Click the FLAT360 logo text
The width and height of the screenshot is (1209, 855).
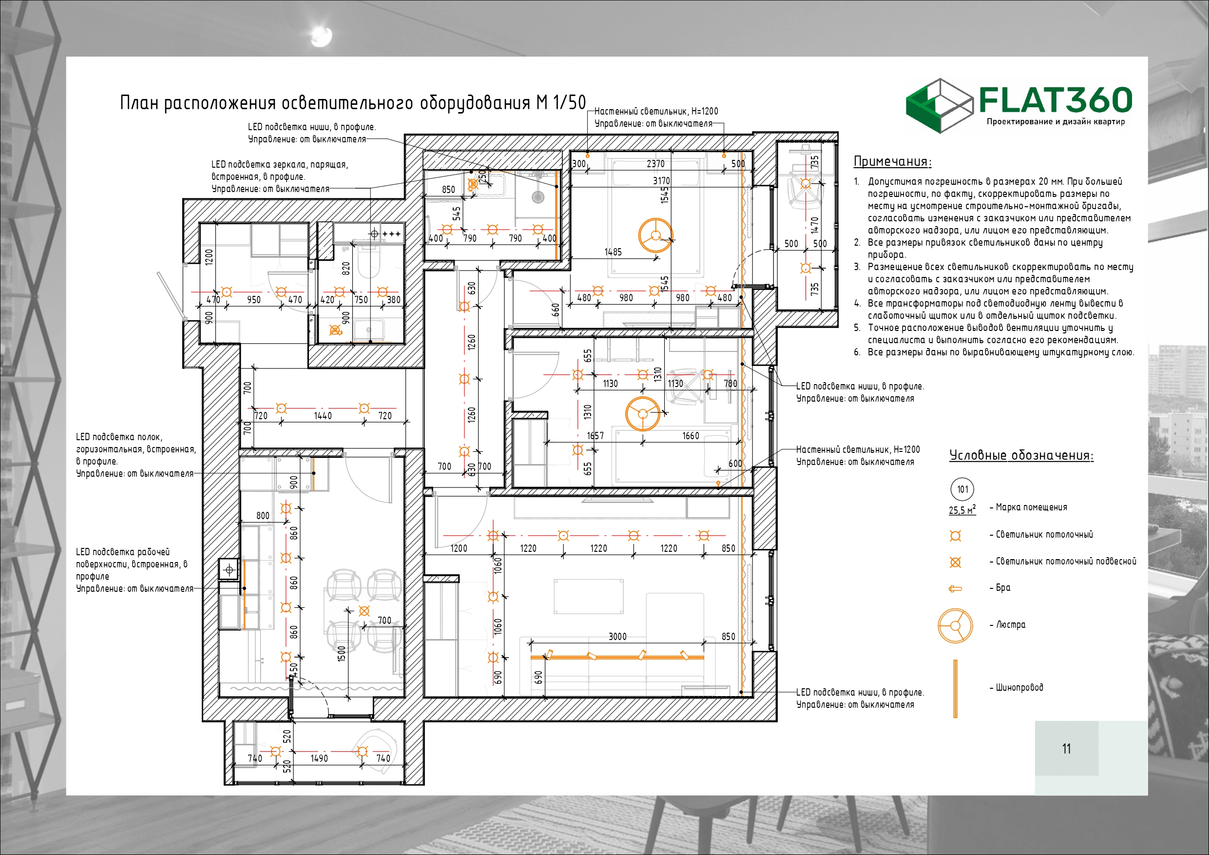coord(1055,100)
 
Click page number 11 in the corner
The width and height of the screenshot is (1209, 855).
coord(1066,749)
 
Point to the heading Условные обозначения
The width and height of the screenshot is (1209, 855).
coord(1021,455)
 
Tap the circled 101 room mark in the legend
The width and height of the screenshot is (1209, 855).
coord(962,489)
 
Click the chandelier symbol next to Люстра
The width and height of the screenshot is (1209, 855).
coord(955,626)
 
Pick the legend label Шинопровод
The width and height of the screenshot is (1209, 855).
coord(1019,687)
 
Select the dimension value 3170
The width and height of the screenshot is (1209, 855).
coord(661,181)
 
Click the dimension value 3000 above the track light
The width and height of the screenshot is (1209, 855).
coord(618,637)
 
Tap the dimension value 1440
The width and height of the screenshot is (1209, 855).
coord(323,416)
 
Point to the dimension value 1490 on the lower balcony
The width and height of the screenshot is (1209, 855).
coord(319,758)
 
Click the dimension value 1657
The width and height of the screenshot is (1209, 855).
coord(595,436)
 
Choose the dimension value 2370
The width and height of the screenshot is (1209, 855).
coord(655,164)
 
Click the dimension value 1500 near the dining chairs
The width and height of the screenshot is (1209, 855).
coord(341,653)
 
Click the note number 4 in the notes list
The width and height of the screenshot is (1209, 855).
coord(857,303)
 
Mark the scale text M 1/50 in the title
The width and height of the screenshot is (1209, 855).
coord(561,102)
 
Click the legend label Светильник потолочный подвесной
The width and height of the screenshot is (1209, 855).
coord(1066,562)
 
